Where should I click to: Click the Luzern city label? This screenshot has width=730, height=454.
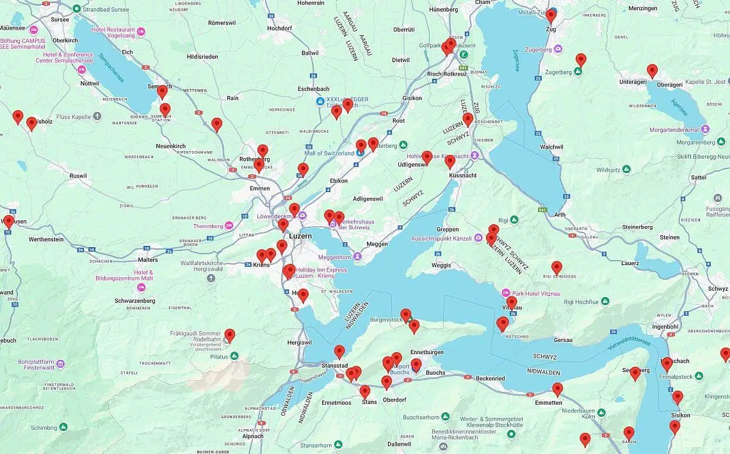tap(300, 236)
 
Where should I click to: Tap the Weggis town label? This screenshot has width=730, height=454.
tap(441, 265)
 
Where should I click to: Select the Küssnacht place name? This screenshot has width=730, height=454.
tap(462, 175)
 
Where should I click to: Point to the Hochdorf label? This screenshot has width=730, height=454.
tap(279, 28)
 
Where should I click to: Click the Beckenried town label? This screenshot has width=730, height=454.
tap(490, 378)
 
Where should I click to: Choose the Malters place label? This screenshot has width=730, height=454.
tap(147, 260)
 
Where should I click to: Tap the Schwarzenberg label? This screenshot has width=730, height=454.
tap(135, 300)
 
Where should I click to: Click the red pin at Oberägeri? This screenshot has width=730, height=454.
tap(652, 71)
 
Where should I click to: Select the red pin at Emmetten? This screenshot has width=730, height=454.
tap(557, 389)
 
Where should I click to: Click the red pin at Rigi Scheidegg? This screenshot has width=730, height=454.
tap(556, 268)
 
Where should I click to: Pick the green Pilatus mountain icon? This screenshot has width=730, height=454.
tap(234, 355)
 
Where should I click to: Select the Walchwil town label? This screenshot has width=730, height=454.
tap(551, 147)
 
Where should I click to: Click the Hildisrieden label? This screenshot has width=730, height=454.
tap(202, 56)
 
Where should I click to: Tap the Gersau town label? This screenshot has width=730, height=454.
tap(563, 339)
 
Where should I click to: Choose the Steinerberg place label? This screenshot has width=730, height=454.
tap(637, 227)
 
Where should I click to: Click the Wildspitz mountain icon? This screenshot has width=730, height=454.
tap(626, 169)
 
